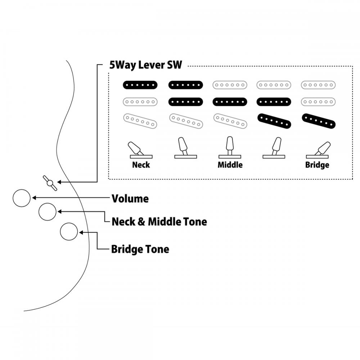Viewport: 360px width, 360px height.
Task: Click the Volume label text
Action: click(x=130, y=199)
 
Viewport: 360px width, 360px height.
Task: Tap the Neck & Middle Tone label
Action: click(x=159, y=221)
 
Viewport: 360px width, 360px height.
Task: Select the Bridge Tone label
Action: click(x=140, y=249)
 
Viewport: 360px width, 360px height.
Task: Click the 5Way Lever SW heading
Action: click(x=146, y=65)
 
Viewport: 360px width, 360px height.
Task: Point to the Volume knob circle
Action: click(x=22, y=198)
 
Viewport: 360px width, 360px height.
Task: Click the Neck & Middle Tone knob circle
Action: click(x=48, y=212)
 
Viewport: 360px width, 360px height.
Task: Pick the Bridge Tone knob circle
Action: click(x=69, y=231)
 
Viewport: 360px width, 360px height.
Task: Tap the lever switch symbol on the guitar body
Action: click(x=50, y=183)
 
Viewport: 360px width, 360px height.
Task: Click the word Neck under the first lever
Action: click(x=141, y=165)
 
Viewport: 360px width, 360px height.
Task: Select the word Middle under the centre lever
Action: click(x=230, y=165)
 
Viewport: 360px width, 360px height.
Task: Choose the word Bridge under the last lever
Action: click(x=317, y=165)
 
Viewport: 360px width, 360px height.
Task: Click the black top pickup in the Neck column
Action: click(x=140, y=85)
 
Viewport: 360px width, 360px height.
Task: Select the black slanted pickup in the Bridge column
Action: click(x=319, y=121)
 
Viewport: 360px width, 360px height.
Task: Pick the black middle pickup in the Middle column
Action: click(x=229, y=102)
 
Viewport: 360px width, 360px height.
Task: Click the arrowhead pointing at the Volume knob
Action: click(x=34, y=198)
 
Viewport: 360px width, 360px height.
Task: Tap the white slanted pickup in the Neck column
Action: click(x=140, y=121)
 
